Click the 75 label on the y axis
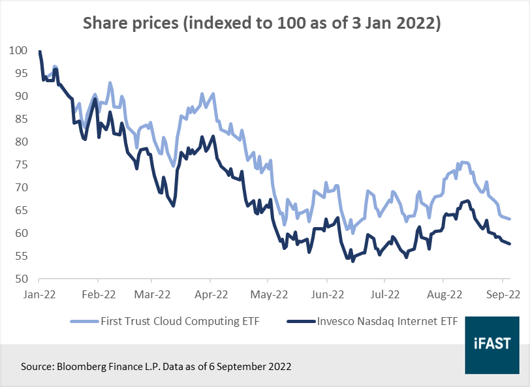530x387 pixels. (20, 165)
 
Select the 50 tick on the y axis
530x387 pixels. (20, 279)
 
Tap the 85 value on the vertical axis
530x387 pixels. (20, 119)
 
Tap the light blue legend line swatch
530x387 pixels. (84, 321)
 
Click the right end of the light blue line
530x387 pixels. (510, 219)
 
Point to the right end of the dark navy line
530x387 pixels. (510, 244)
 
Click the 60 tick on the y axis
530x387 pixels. (20, 234)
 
